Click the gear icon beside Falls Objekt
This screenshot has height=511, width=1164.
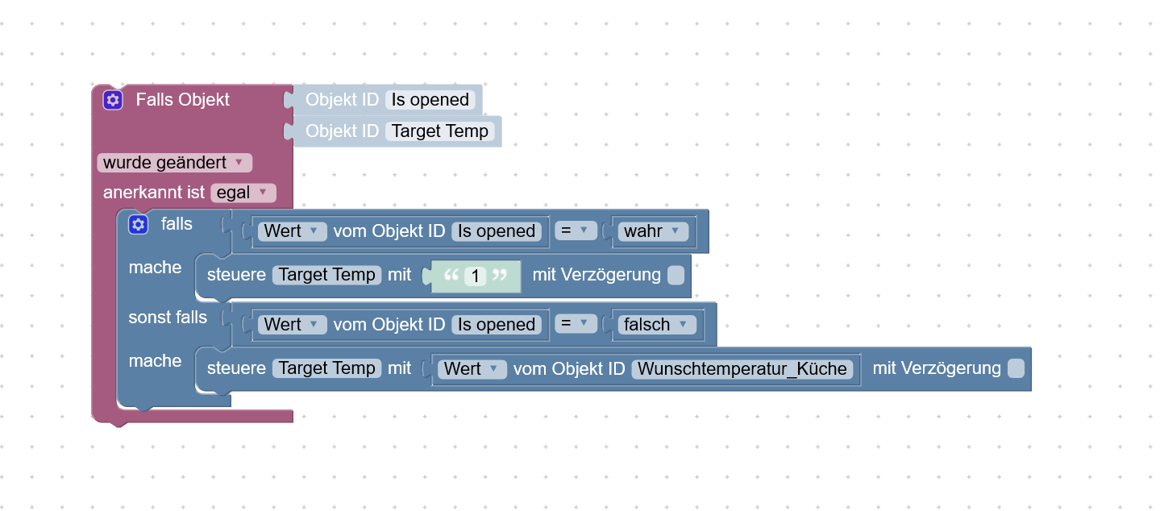(x=113, y=100)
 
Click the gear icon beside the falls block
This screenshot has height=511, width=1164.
(x=138, y=224)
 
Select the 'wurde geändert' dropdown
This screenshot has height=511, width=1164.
(x=174, y=163)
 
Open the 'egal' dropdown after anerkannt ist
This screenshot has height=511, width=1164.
(x=243, y=193)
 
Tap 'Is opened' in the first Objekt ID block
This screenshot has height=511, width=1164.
(x=430, y=100)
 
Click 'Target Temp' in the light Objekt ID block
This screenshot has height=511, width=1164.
(x=440, y=131)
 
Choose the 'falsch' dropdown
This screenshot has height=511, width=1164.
(x=656, y=325)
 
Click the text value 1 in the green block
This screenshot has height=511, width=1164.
(x=476, y=276)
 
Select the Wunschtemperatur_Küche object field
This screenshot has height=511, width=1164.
(x=742, y=369)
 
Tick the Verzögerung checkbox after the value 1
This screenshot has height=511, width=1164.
(x=676, y=276)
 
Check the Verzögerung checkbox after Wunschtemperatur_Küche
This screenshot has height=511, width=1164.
(x=1016, y=368)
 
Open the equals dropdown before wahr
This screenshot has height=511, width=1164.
(x=576, y=231)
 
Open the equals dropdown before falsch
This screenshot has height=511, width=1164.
(x=576, y=325)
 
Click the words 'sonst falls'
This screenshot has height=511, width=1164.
(x=168, y=318)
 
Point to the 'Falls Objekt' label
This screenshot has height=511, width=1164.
(x=182, y=100)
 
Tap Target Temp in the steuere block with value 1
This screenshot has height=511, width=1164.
(x=326, y=276)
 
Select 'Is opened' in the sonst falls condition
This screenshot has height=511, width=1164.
(x=497, y=325)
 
